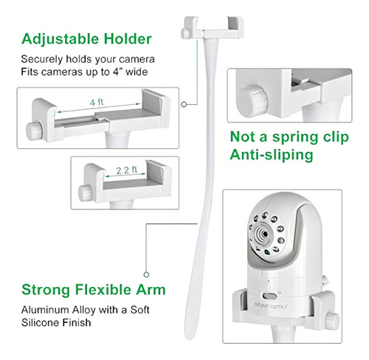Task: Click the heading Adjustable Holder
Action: pos(86,39)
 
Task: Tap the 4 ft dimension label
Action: pos(97,102)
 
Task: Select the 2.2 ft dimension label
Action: pos(126,170)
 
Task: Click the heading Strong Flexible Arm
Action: pos(94,289)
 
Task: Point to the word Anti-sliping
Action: pos(272,155)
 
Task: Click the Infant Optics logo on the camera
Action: pos(272,306)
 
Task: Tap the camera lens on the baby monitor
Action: pos(264,234)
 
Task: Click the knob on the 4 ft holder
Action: pos(34,131)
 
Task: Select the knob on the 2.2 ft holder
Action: pos(85,193)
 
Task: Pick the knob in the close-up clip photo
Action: pos(252,101)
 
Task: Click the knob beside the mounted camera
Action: pos(331,321)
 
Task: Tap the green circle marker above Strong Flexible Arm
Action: pos(146,274)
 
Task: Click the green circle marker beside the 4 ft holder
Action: pos(184,104)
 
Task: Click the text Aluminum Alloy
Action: pos(58,310)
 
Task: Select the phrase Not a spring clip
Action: pos(289,136)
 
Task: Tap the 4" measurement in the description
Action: pos(117,72)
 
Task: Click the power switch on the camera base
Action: pos(269,295)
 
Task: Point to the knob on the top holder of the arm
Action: pos(186,33)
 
